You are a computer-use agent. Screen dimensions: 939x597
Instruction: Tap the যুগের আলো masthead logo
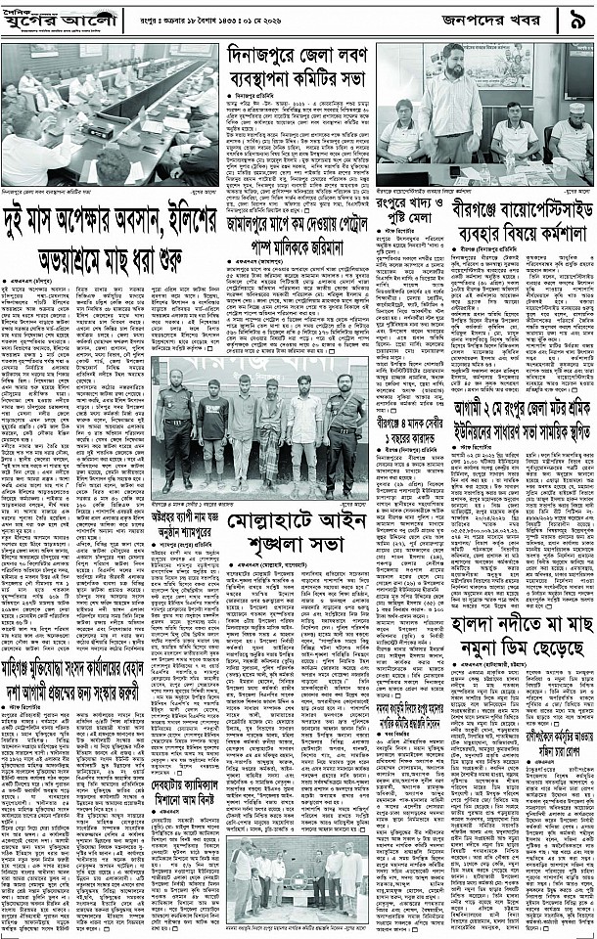click(61, 20)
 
